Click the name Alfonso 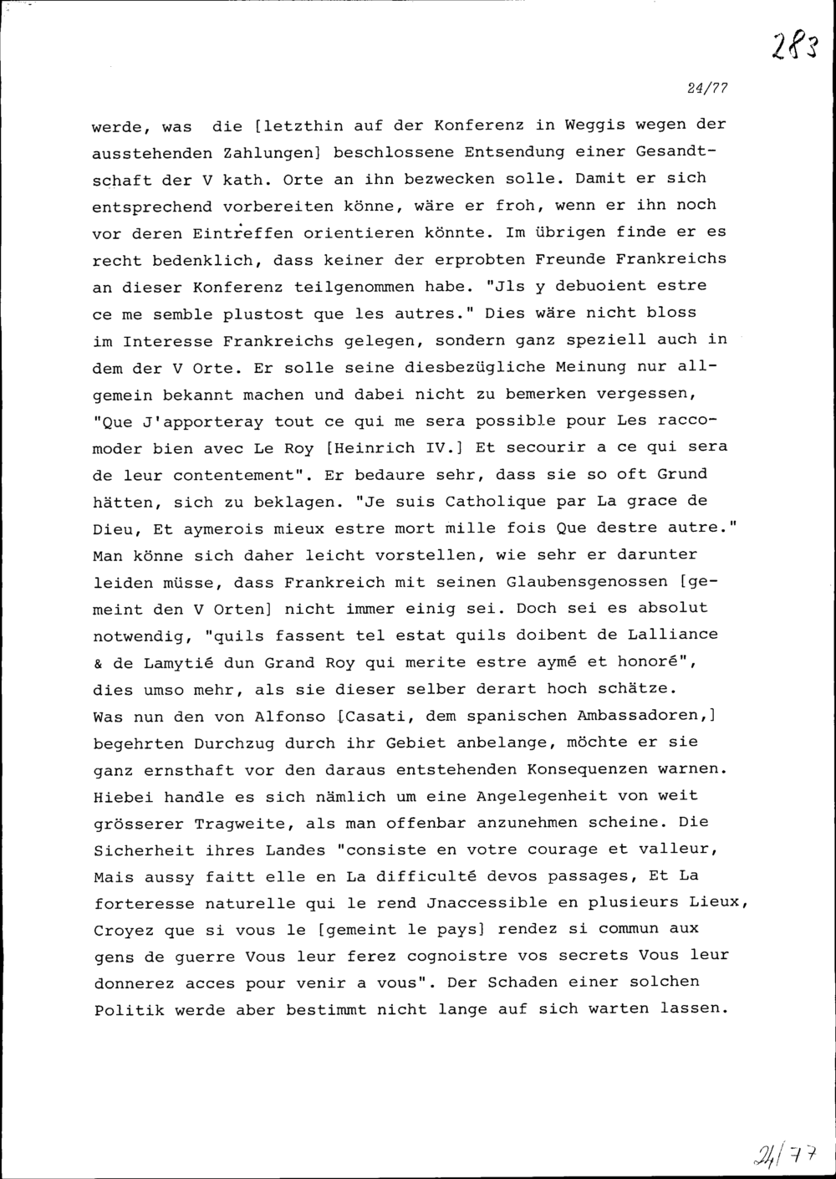click(x=288, y=717)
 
